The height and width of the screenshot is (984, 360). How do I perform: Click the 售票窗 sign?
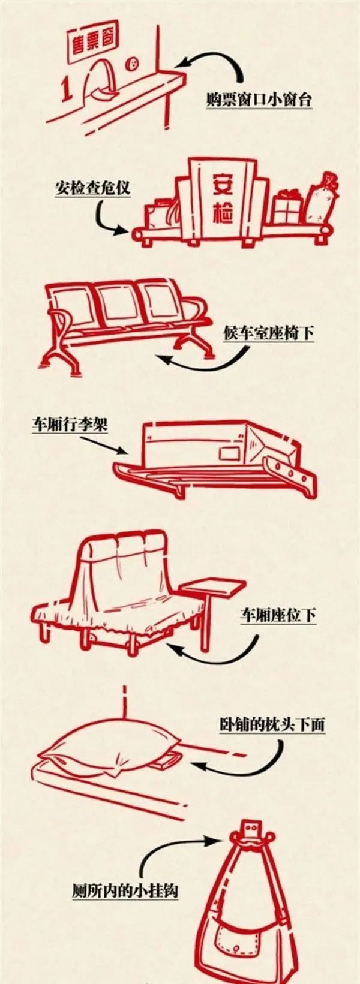point(93,43)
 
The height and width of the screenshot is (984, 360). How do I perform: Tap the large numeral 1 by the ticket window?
point(68,89)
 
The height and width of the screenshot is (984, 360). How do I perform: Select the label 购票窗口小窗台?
point(259,100)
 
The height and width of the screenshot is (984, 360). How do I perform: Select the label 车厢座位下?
point(278,615)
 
